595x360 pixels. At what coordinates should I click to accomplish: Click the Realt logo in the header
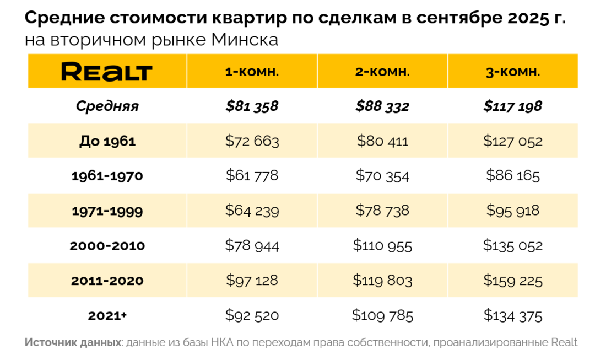[x=107, y=72]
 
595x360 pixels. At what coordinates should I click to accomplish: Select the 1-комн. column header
[x=252, y=72]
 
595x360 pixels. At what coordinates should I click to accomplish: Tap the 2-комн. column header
[x=382, y=72]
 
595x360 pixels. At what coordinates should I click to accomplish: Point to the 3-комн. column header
[x=513, y=72]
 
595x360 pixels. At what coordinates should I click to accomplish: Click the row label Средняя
[x=107, y=106]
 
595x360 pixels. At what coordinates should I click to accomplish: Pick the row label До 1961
[x=107, y=141]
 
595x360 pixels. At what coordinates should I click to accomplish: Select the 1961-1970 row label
[x=107, y=176]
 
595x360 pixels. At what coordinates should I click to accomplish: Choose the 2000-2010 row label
[x=107, y=246]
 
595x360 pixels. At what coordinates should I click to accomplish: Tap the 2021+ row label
[x=107, y=316]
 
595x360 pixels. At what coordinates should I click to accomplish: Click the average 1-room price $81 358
[x=252, y=106]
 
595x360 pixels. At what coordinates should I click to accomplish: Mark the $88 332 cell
[x=382, y=106]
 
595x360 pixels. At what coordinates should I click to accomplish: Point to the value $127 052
[x=513, y=141]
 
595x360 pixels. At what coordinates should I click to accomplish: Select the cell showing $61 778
[x=252, y=176]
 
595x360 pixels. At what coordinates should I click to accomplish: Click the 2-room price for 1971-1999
[x=382, y=211]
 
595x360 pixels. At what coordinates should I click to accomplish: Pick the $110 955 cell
[x=382, y=246]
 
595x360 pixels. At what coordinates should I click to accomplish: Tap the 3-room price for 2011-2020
[x=513, y=281]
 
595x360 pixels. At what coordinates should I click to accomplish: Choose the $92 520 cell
[x=252, y=316]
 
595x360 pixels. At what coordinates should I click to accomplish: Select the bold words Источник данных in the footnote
[x=73, y=342]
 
